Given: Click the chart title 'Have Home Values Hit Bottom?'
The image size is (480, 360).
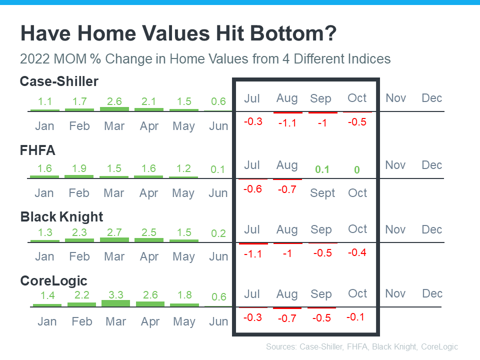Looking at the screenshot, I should tap(178, 34).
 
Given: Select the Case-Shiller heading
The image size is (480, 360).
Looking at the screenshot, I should tap(59, 81).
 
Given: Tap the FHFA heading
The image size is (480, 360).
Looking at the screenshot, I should tap(37, 150).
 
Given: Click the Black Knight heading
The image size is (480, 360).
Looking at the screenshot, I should tap(61, 216).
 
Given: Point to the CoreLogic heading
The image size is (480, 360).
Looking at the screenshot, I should tap(53, 280).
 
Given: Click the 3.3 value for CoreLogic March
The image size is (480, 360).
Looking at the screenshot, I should tap(115, 295).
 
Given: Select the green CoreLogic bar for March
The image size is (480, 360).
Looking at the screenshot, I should tap(115, 303).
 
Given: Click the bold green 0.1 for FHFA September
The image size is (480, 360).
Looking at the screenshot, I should tap(322, 169).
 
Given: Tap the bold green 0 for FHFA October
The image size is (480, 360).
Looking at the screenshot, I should tap(357, 169).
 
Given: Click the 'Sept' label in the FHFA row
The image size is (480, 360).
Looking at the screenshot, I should tap(322, 193).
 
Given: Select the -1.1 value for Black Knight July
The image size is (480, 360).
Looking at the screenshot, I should tap(253, 253).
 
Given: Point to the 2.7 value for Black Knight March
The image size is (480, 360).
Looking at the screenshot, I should tap(114, 232).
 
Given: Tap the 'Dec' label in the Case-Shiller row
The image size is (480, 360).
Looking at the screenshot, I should tap(431, 98).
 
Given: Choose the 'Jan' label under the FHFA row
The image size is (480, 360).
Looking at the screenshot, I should tap(44, 193).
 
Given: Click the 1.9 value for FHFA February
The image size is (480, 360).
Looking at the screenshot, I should tap(79, 168).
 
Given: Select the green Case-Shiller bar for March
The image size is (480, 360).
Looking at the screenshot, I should tap(114, 108).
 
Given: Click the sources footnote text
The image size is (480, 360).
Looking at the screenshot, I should tap(362, 346).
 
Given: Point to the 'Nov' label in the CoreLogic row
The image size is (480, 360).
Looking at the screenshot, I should tap(395, 293).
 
